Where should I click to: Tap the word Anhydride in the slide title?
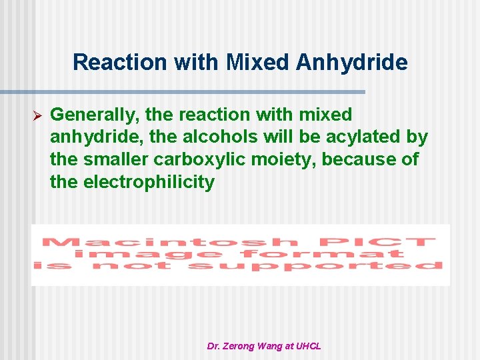point(351,62)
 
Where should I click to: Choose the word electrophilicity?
point(149,182)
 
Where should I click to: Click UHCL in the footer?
point(308,346)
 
